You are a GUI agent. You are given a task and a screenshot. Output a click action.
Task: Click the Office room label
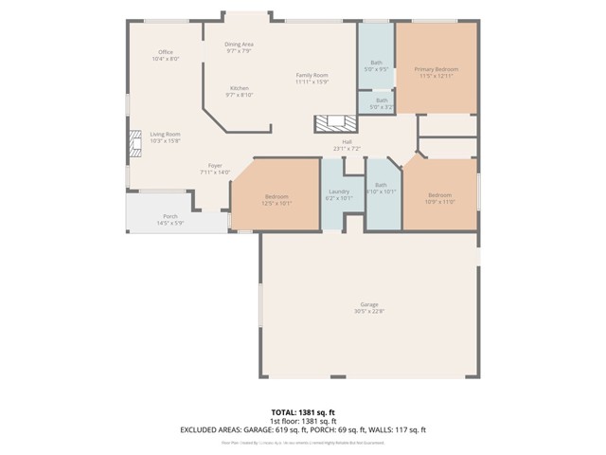(x=165, y=52)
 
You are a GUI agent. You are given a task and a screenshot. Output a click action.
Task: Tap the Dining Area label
(x=239, y=45)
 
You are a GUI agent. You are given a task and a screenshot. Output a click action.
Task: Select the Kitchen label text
(x=239, y=88)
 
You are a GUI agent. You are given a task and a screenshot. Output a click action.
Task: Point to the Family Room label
(x=312, y=75)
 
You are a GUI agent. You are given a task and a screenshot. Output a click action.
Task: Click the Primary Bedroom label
(x=436, y=69)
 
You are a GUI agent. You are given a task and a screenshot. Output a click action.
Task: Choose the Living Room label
(x=165, y=134)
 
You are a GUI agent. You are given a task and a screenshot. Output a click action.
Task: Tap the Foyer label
(x=215, y=166)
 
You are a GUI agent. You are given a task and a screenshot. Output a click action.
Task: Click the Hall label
(x=348, y=142)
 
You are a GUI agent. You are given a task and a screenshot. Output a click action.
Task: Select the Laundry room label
(x=339, y=191)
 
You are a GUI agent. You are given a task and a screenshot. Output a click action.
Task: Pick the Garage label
(x=369, y=304)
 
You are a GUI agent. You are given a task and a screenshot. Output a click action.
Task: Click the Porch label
(x=169, y=216)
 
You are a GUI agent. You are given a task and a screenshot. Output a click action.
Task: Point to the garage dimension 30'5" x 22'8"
(x=369, y=311)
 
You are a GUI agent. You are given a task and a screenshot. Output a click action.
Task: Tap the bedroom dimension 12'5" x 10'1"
(x=276, y=202)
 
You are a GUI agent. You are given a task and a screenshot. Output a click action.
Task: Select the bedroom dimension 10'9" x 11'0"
(x=440, y=202)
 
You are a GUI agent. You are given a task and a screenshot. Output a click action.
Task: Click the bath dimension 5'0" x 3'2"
(x=381, y=107)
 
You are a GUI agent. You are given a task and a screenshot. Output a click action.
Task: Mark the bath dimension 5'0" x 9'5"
(x=376, y=69)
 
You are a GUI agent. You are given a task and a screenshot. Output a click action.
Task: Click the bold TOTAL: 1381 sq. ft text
(x=303, y=412)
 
